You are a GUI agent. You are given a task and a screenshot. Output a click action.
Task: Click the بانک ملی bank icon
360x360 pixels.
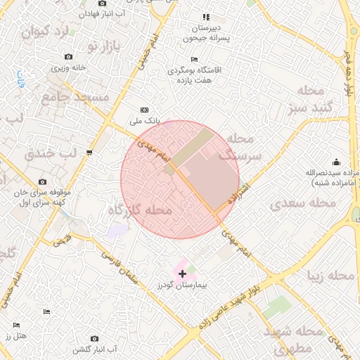click(145, 110)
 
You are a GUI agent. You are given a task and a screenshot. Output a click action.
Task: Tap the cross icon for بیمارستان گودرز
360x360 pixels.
click(182, 273)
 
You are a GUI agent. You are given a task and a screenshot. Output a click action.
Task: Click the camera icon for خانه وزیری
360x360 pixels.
click(68, 56)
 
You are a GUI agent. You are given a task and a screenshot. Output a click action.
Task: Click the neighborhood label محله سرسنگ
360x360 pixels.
click(245, 146)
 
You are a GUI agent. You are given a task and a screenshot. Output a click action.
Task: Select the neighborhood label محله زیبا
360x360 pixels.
click(331, 275)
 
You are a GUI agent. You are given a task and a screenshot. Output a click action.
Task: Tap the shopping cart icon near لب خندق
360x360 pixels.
click(89, 153)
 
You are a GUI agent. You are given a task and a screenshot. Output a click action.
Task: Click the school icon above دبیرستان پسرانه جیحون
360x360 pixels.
click(206, 17)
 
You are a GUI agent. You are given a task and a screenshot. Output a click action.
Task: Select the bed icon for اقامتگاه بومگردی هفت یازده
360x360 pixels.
click(194, 59)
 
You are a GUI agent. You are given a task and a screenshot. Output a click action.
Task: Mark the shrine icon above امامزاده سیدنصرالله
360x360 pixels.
click(336, 161)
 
